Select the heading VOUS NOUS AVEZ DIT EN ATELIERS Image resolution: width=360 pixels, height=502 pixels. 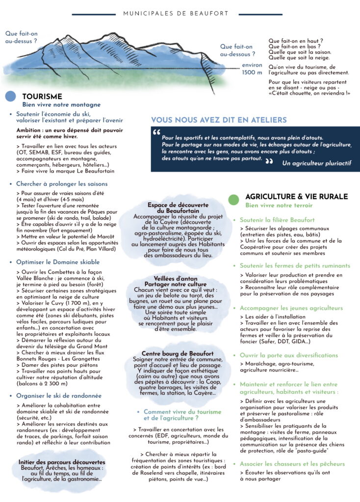tap(219, 120)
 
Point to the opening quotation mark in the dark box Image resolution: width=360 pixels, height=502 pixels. tap(156, 133)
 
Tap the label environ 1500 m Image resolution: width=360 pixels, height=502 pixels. tap(252, 69)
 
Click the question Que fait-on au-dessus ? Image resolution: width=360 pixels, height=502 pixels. tap(21, 38)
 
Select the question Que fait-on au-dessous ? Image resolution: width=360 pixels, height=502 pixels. tap(237, 51)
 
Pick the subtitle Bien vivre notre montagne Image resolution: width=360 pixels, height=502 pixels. tap(61, 105)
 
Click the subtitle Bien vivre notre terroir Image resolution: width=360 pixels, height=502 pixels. tap(279, 205)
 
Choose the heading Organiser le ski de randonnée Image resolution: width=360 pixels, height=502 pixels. tap(58, 396)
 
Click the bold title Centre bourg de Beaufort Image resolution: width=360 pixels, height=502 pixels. tap(178, 353)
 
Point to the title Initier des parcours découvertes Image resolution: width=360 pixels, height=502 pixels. tap(62, 462)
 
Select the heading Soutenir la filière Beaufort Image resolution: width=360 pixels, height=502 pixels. tap(277, 220)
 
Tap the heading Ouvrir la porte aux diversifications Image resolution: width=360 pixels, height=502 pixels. tap(288, 355)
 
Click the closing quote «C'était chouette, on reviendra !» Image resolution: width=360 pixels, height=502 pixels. tap(309, 93)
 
